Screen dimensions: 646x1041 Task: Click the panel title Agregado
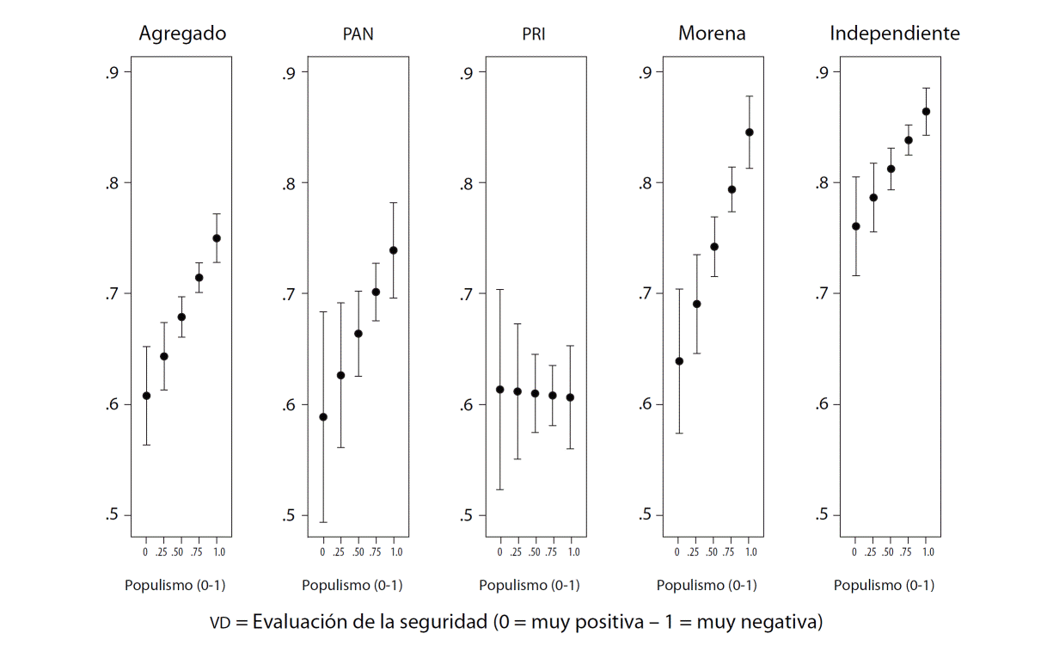(182, 34)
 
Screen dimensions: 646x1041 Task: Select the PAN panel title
(358, 35)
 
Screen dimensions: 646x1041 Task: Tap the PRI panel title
(533, 35)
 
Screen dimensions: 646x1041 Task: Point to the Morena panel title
(712, 34)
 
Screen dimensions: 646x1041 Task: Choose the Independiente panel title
(894, 34)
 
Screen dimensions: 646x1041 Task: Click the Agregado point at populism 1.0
(217, 238)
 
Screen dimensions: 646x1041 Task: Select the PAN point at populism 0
(323, 417)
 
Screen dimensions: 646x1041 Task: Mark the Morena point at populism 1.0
(749, 132)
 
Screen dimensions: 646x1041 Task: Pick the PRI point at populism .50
(535, 393)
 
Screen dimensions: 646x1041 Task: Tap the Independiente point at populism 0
(855, 226)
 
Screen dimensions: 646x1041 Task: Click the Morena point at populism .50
(713, 247)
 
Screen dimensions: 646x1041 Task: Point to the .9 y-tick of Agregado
(111, 72)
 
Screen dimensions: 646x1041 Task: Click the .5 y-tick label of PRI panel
(465, 515)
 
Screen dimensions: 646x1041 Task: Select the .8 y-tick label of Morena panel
(644, 182)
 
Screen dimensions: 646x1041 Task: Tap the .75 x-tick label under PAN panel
(376, 551)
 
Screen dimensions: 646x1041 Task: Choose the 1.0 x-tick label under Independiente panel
(928, 551)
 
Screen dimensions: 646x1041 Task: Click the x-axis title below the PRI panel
(529, 586)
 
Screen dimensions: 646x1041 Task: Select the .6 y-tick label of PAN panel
(289, 404)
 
